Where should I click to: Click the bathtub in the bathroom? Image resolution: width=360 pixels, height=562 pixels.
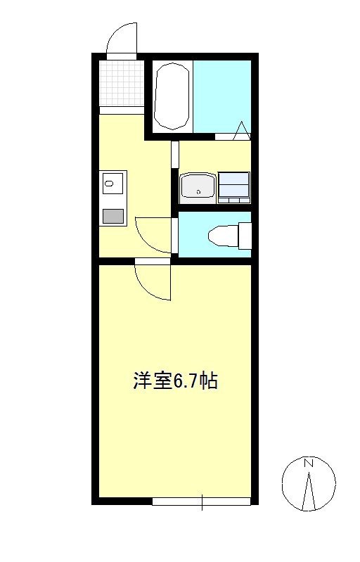172,96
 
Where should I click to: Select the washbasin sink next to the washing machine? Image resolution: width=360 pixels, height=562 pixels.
199,187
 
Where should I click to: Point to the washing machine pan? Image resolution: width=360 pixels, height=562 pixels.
234,187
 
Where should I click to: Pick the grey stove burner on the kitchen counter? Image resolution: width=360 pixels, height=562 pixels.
112,216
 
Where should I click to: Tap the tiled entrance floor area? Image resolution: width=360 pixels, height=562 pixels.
121,83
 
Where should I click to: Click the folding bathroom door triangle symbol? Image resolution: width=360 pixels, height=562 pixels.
241,130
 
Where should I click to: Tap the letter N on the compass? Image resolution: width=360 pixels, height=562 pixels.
308,464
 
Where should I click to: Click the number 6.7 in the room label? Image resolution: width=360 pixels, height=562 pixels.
181,381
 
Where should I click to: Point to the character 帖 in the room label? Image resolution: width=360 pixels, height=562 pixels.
207,381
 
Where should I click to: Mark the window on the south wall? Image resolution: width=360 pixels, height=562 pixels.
202,502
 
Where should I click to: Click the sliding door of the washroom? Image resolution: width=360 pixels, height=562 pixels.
174,155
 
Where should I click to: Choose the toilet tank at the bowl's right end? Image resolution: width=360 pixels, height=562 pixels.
244,235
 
